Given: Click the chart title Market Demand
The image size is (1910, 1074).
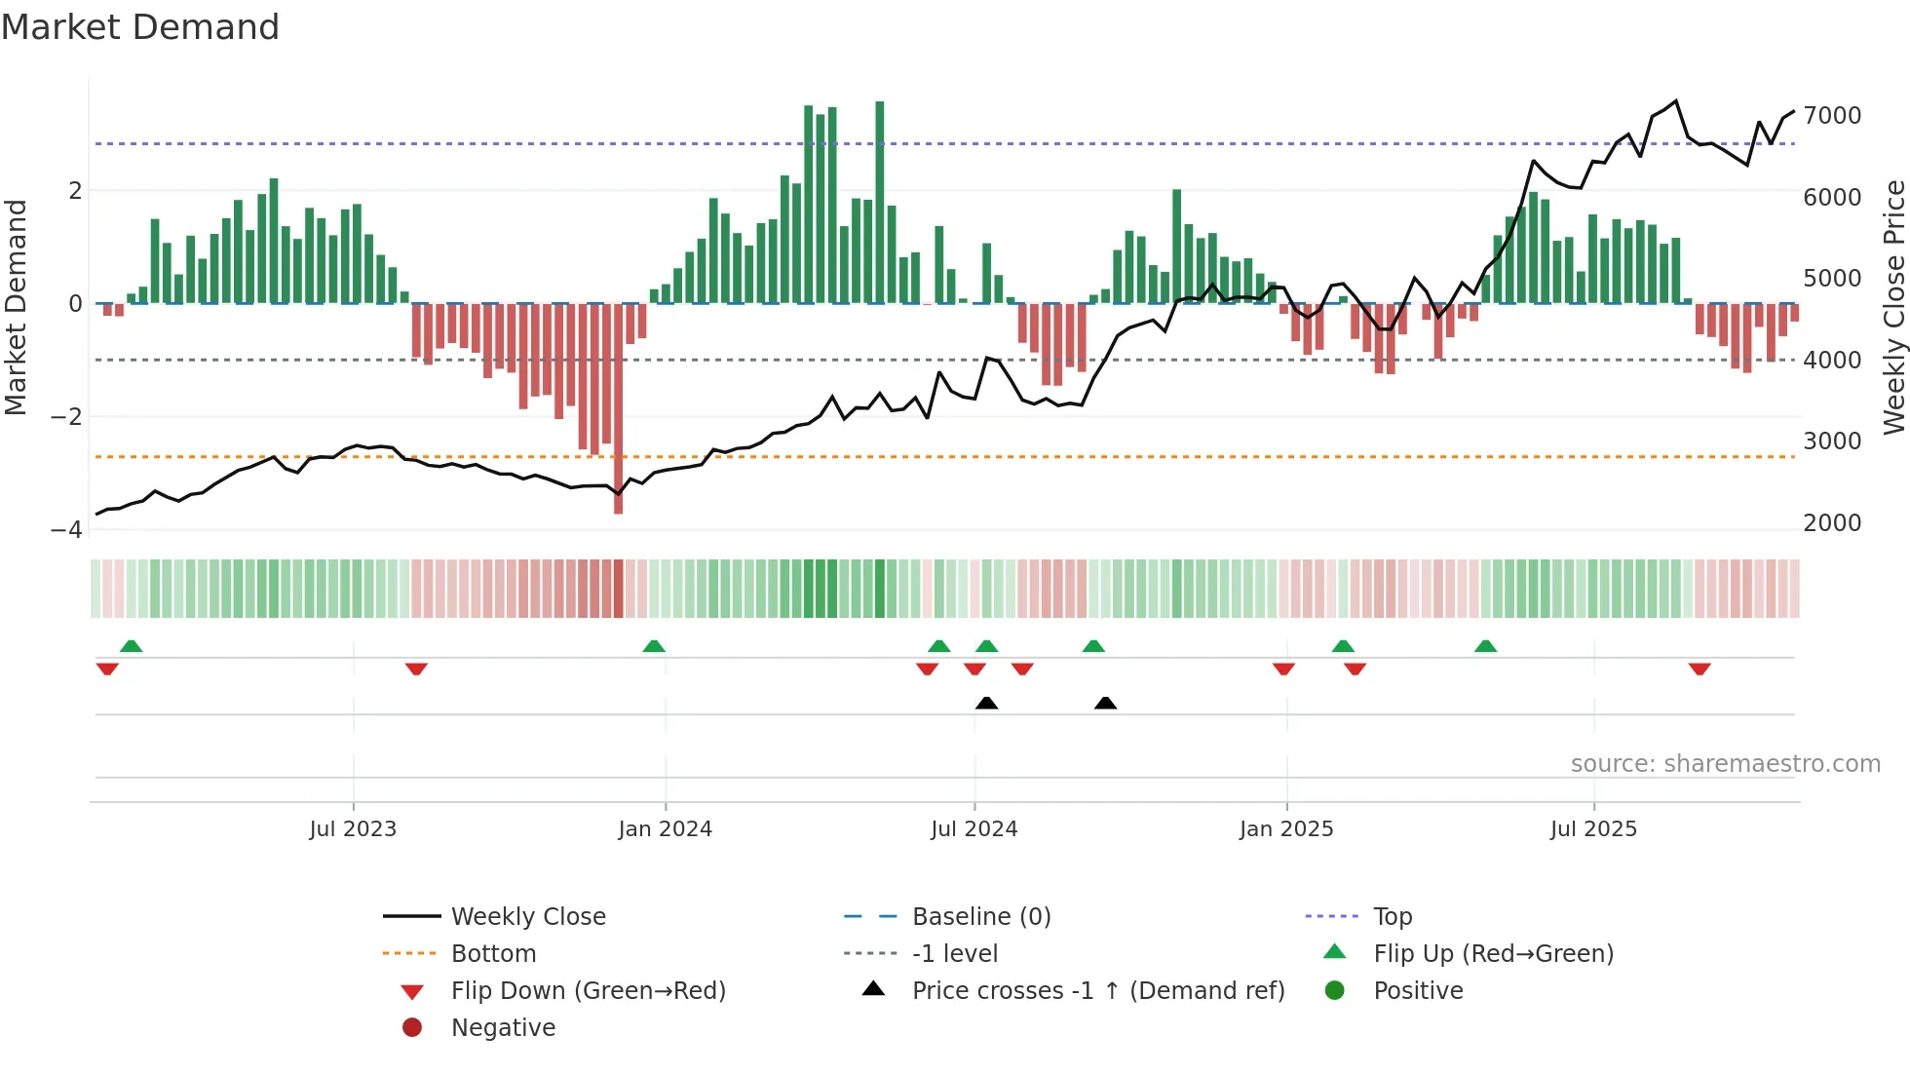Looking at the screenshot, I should (x=140, y=27).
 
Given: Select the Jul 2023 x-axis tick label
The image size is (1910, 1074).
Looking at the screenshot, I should (x=353, y=829).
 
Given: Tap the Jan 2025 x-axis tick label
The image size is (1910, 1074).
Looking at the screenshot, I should (x=1286, y=829).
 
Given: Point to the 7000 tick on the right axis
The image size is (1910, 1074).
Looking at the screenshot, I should (x=1832, y=116).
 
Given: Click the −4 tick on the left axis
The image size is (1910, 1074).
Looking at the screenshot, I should (x=66, y=530).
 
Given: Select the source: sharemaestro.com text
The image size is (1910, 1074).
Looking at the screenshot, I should (x=1725, y=764).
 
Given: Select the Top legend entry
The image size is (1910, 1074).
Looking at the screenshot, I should (x=1393, y=917).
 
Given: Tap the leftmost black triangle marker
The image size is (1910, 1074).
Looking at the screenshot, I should (x=986, y=703).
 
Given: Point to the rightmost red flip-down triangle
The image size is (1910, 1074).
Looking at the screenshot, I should (x=1700, y=670).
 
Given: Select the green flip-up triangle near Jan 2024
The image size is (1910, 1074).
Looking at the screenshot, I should (x=654, y=646).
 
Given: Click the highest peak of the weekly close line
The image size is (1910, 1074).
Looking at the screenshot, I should (x=1676, y=101).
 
